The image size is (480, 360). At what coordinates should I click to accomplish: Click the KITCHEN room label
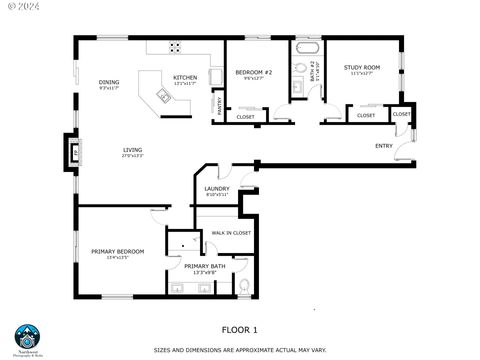[x=185, y=77]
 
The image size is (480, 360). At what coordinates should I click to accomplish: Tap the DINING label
[x=109, y=82]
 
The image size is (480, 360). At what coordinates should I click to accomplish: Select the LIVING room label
[x=132, y=149]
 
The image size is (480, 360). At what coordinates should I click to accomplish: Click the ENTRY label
[x=383, y=146]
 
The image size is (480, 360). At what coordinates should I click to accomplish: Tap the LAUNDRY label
[x=217, y=188]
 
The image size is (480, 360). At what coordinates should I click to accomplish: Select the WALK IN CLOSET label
[x=231, y=232]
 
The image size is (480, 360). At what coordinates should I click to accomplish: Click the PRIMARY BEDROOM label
[x=118, y=251]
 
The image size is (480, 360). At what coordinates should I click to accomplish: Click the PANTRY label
[x=218, y=103]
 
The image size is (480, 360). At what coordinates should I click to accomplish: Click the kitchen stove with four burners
[x=176, y=46]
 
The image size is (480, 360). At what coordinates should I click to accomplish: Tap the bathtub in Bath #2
[x=305, y=47]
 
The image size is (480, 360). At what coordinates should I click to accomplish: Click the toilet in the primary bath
[x=244, y=287]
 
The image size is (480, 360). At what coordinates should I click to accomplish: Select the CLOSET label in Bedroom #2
[x=245, y=117]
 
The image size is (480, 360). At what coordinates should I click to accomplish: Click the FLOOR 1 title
[x=239, y=329]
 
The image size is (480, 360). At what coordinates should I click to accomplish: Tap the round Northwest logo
[x=27, y=335]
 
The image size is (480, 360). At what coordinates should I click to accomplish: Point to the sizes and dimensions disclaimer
[x=239, y=350]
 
